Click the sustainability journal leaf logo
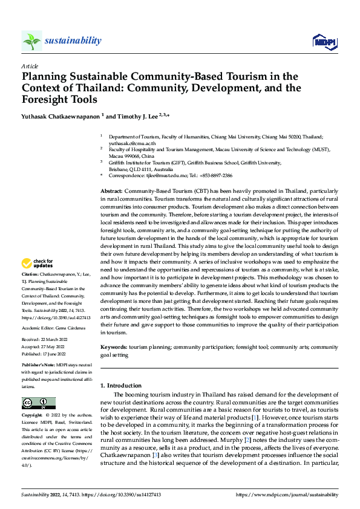coord(32,41)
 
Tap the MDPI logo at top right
coord(324,41)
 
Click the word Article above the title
coord(30,66)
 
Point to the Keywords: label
coord(114,348)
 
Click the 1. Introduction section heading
coord(121,385)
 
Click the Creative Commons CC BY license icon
coord(38,403)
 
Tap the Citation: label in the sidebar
coord(30,274)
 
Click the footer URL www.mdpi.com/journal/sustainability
coord(287,494)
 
